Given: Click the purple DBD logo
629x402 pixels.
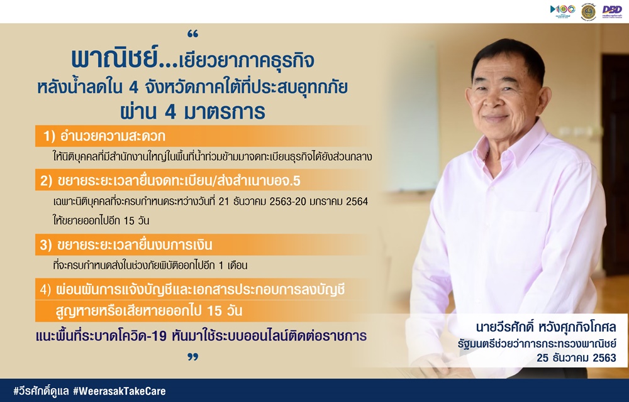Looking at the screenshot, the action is (612, 11).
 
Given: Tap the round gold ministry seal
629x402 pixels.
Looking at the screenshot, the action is (589, 11).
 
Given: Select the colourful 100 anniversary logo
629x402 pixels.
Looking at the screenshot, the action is (562, 11).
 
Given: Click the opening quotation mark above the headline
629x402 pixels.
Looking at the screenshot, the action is (193, 34).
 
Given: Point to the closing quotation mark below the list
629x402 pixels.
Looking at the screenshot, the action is (193, 356).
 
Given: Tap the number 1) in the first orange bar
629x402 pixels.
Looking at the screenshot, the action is (49, 136).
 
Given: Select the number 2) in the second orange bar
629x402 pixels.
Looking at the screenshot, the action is (46, 181).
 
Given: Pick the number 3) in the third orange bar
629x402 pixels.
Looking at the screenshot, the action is (46, 245).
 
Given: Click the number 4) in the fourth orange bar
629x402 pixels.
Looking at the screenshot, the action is (45, 290).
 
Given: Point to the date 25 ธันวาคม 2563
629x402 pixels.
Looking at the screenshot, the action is (576, 357).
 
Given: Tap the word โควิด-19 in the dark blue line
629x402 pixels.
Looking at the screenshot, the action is (146, 335).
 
